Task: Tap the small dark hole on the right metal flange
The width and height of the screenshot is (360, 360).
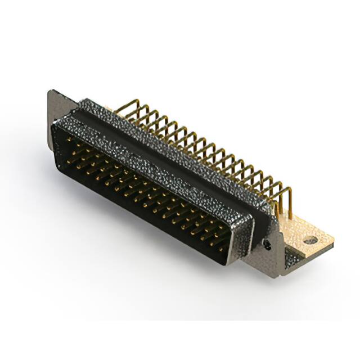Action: coord(267,245)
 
